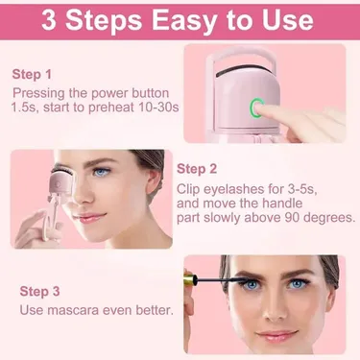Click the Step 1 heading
33,73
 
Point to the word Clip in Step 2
189,187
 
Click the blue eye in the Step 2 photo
103,173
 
